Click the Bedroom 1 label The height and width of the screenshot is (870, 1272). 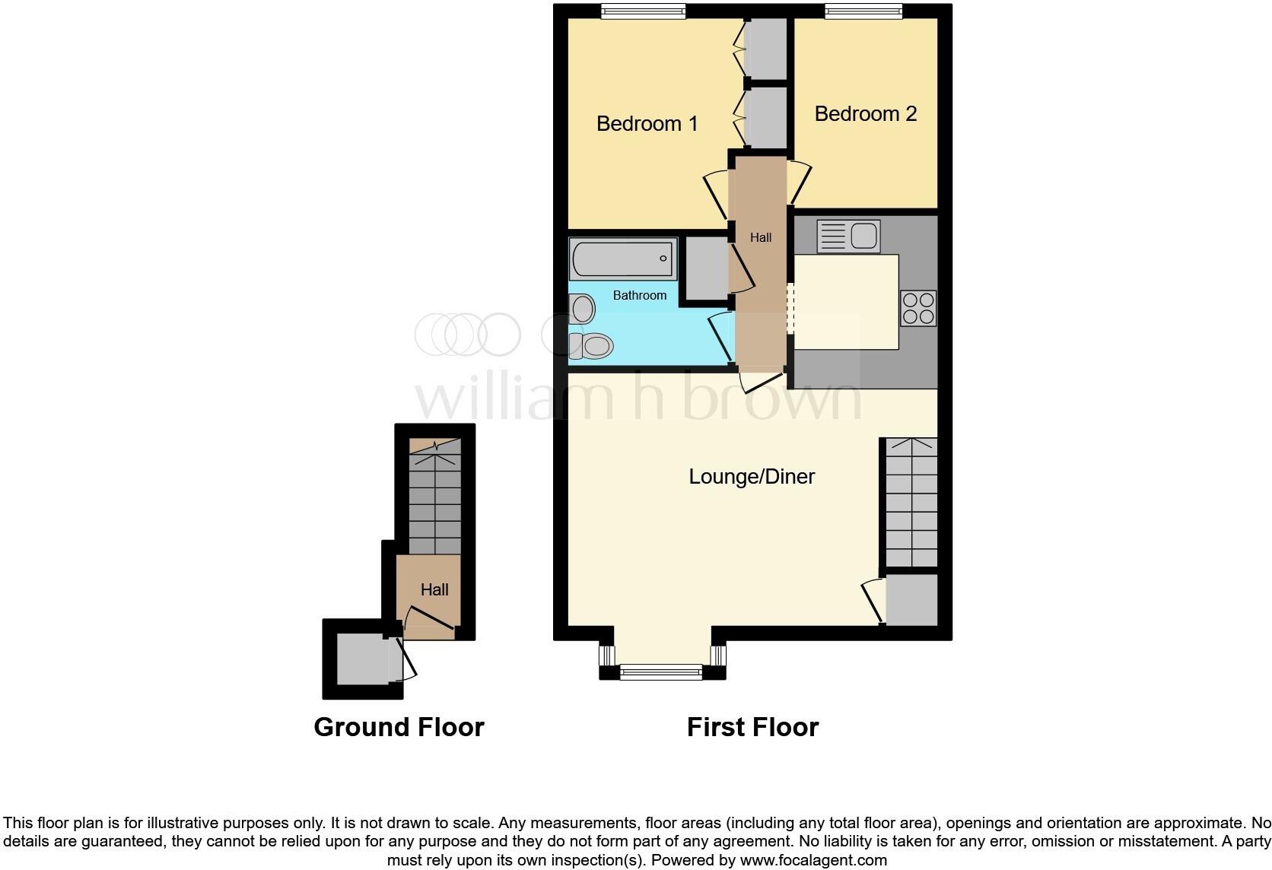click(647, 123)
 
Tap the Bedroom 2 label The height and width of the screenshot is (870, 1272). click(865, 114)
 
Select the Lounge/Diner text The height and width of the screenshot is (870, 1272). click(752, 477)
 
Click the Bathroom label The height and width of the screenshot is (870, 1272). click(639, 295)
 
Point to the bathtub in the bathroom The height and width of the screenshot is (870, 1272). click(622, 259)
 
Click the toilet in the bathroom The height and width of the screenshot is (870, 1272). click(592, 347)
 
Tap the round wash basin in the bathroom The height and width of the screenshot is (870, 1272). click(583, 309)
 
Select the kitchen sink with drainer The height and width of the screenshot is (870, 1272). click(848, 237)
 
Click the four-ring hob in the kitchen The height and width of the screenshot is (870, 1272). click(918, 308)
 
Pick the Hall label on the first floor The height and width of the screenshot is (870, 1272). click(761, 237)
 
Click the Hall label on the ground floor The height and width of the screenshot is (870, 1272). click(434, 589)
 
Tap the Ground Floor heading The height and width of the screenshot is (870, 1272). click(399, 727)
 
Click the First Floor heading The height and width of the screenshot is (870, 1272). click(752, 727)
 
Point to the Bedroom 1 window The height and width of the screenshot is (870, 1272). click(643, 11)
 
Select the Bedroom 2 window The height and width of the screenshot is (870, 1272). click(864, 11)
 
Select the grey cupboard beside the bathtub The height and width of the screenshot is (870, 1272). click(708, 268)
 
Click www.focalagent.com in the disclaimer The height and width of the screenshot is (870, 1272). click(813, 861)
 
